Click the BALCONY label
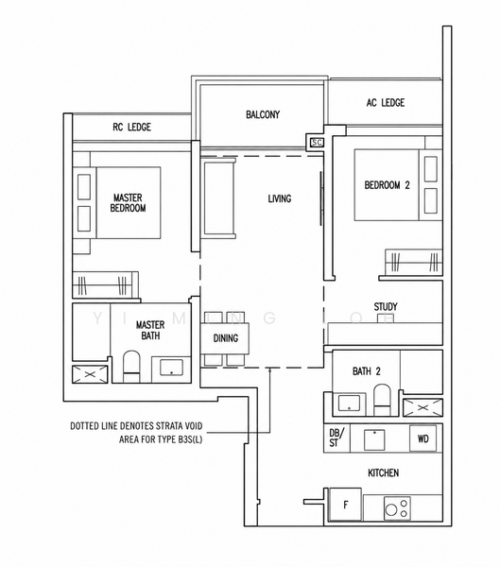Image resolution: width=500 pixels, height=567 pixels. (x=263, y=114)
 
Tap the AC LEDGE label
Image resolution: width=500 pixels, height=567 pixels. (x=386, y=103)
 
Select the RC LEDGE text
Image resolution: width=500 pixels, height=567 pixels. (x=131, y=127)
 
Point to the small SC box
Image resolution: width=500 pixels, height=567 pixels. (x=317, y=143)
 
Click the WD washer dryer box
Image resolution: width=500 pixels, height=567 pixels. (x=422, y=438)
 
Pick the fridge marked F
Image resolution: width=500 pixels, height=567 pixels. (x=345, y=505)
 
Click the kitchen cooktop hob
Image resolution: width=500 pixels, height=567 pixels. (x=397, y=508)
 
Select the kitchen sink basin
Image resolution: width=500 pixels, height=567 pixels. (x=374, y=439)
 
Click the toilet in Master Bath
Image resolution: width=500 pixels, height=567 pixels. (x=131, y=366)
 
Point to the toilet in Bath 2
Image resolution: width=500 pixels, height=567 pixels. (x=382, y=400)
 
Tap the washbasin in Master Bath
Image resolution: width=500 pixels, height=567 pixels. (x=171, y=367)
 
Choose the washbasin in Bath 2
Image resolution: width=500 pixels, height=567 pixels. (x=349, y=403)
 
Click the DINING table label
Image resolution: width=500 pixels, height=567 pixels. (x=225, y=338)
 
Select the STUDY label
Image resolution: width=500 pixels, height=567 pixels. (x=386, y=307)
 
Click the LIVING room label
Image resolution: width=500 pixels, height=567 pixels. (x=280, y=198)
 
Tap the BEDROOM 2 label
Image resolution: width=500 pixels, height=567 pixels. (x=387, y=185)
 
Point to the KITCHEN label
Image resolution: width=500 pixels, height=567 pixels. (x=383, y=472)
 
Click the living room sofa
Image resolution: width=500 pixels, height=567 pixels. (x=218, y=198)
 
